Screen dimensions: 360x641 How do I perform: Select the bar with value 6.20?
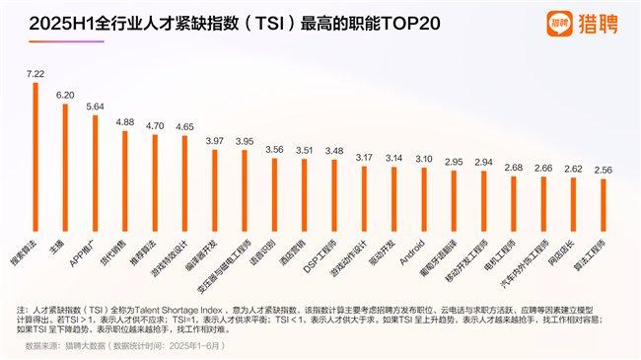pyautogui.click(x=64, y=151)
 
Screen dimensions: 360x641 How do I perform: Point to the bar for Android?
pyautogui.click(x=423, y=182)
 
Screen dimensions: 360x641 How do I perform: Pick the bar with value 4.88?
pyautogui.click(x=124, y=164)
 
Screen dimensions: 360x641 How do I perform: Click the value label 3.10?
pyautogui.click(x=423, y=158)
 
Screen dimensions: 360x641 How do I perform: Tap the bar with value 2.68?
pyautogui.click(x=513, y=187)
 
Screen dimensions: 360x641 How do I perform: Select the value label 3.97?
pyautogui.click(x=213, y=141)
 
